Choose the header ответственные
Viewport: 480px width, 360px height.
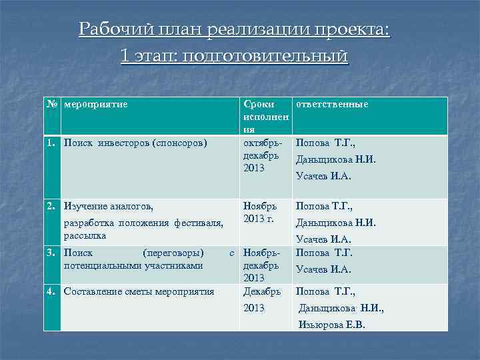point(331,105)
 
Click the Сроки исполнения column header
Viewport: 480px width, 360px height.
point(265,117)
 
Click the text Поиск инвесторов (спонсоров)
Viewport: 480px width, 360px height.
point(135,143)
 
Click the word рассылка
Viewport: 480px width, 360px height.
point(85,235)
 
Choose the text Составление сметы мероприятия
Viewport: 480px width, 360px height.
point(139,291)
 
